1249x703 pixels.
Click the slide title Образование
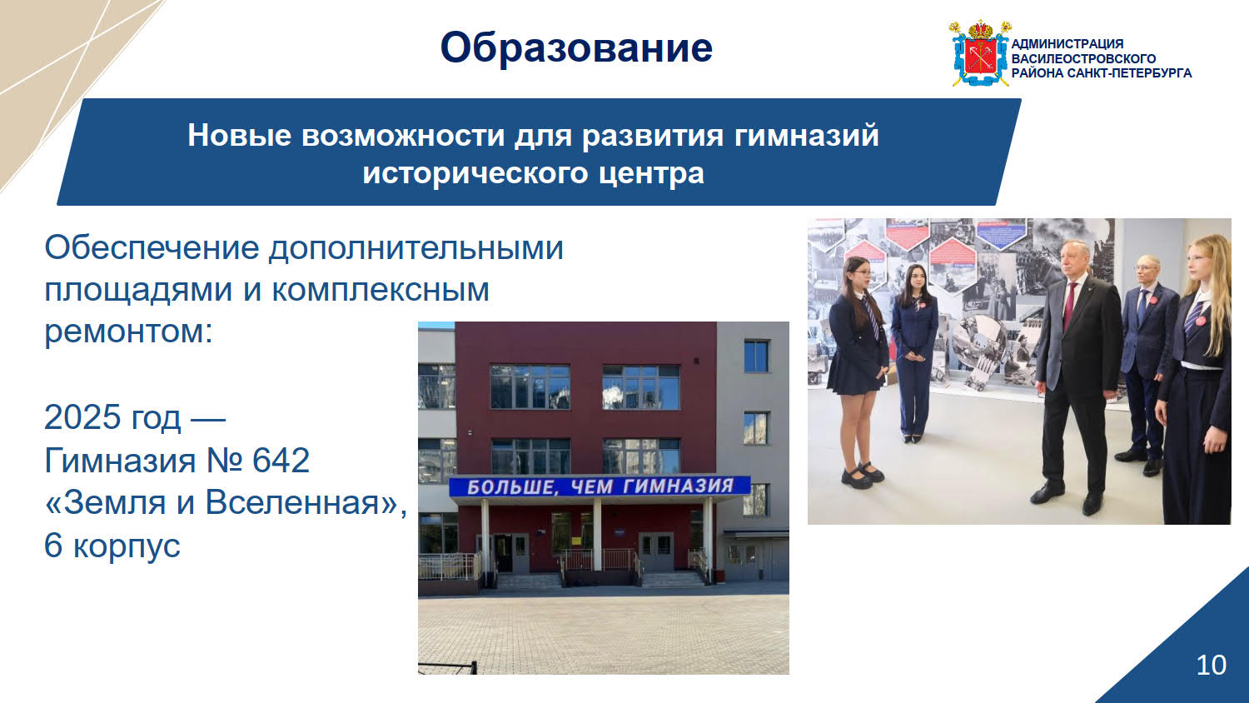click(x=576, y=48)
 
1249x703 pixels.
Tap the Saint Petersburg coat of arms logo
click(x=980, y=53)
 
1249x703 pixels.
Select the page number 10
click(x=1211, y=665)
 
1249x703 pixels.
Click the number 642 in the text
click(x=281, y=461)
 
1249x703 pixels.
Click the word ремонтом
click(x=128, y=332)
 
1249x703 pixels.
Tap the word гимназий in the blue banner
click(x=806, y=136)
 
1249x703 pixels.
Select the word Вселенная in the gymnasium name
click(x=293, y=502)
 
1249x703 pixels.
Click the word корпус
click(x=127, y=546)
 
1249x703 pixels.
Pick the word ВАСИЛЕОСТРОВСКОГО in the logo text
click(x=1083, y=58)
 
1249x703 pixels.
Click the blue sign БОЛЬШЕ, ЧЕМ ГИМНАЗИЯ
click(x=600, y=486)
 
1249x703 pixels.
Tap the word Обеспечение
click(x=152, y=247)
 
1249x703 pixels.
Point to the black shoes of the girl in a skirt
click(x=862, y=475)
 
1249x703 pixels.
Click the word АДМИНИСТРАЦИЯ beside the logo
click(x=1067, y=44)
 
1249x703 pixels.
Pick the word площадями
click(x=137, y=291)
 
